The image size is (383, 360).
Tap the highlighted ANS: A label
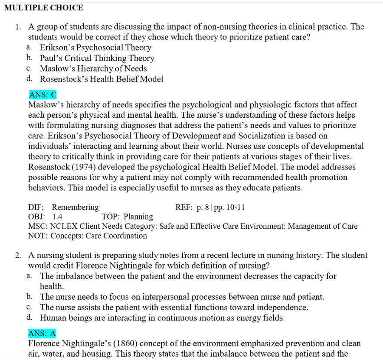pyautogui.click(x=42, y=333)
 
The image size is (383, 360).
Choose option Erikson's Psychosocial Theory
pyautogui.click(x=95, y=48)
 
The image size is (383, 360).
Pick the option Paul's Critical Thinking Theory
pyautogui.click(x=97, y=58)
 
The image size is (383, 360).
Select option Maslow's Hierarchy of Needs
pyautogui.click(x=93, y=68)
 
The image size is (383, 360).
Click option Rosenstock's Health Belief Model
pyautogui.click(x=101, y=79)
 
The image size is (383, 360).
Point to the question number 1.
pyautogui.click(x=18, y=27)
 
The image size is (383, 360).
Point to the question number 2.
pyautogui.click(x=18, y=255)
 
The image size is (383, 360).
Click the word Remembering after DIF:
pyautogui.click(x=75, y=207)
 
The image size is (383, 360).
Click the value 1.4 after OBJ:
pyautogui.click(x=57, y=217)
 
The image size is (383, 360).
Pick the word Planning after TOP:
pyautogui.click(x=138, y=217)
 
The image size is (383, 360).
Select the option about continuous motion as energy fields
pyautogui.click(x=162, y=318)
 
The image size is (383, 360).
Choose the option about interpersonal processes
pyautogui.click(x=182, y=297)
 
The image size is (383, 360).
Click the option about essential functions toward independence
pyautogui.click(x=174, y=307)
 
